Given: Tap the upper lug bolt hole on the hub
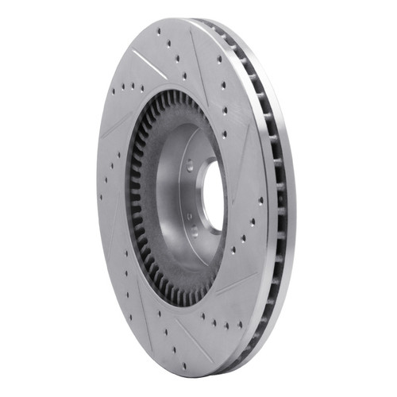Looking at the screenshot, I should coord(189,164).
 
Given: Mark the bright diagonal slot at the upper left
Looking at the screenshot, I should coord(149,64).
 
